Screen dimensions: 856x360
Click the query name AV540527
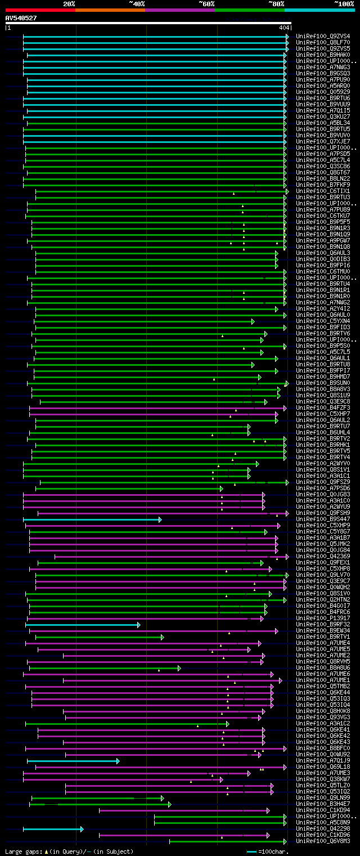21,18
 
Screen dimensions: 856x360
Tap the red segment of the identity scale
40,10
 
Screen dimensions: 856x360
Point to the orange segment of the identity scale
110,10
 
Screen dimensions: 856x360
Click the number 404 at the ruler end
284,28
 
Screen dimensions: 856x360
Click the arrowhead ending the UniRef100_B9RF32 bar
139,625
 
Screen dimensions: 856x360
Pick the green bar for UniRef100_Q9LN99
96,798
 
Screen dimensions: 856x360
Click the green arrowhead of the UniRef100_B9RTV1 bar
163,637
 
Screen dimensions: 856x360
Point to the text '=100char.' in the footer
274,851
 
